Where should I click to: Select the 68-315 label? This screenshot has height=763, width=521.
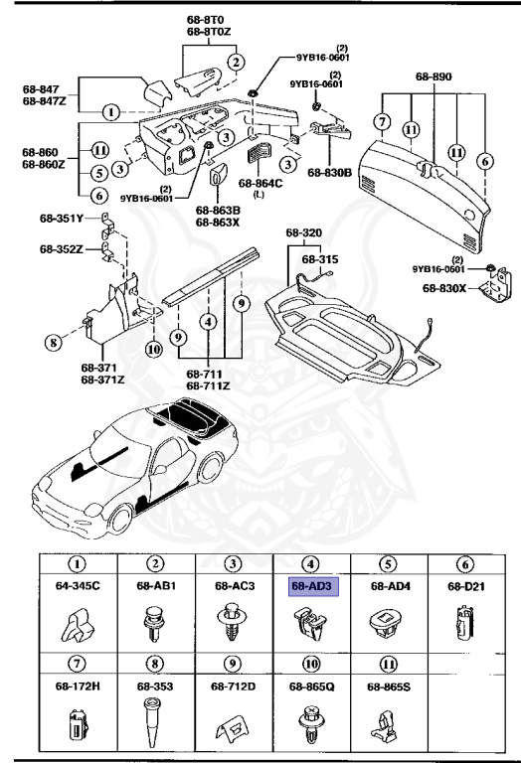(x=320, y=258)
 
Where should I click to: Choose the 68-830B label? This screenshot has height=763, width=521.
(x=329, y=172)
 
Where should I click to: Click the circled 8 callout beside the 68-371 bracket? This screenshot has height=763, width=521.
(x=51, y=345)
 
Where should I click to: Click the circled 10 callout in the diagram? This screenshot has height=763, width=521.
(x=153, y=349)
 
